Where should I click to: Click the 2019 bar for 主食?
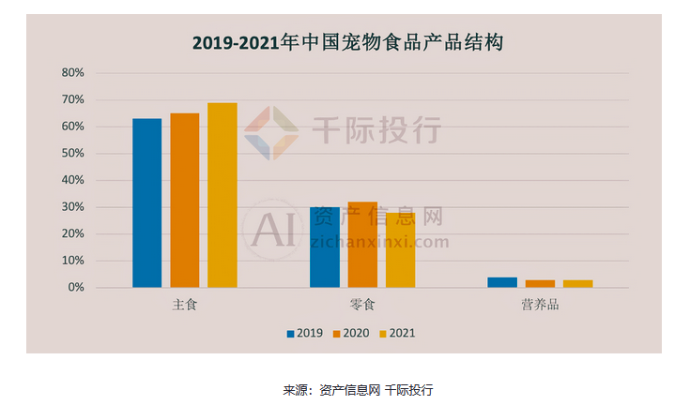pos(146,202)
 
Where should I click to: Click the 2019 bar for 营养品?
pos(502,282)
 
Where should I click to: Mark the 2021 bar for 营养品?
pos(577,283)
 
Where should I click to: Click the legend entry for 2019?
pos(304,333)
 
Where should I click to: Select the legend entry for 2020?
pos(349,333)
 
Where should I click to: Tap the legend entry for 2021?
pos(395,333)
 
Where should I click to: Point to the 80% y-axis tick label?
pos(72,73)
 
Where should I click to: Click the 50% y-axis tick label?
pos(72,154)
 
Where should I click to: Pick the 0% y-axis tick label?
pos(75,288)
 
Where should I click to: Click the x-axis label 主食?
pos(184,306)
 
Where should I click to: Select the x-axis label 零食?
pos(362,306)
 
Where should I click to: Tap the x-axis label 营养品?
pos(540,306)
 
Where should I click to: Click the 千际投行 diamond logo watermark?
pos(271,132)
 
